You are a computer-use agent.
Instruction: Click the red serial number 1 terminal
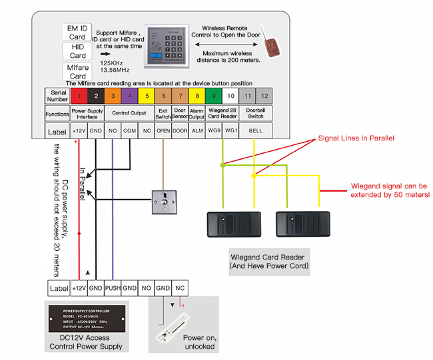point(79,96)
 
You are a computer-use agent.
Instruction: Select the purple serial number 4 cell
point(129,96)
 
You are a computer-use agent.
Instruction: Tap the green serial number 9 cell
point(214,96)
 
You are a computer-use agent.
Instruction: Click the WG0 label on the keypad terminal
point(214,131)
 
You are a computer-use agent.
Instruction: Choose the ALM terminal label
point(197,131)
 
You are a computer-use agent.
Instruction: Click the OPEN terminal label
point(163,131)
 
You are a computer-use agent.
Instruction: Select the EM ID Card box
point(77,33)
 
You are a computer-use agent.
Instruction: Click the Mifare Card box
point(77,71)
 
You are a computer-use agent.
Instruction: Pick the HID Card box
point(77,52)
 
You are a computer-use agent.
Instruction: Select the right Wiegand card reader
point(302,226)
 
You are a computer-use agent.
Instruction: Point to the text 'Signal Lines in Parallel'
point(357,138)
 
